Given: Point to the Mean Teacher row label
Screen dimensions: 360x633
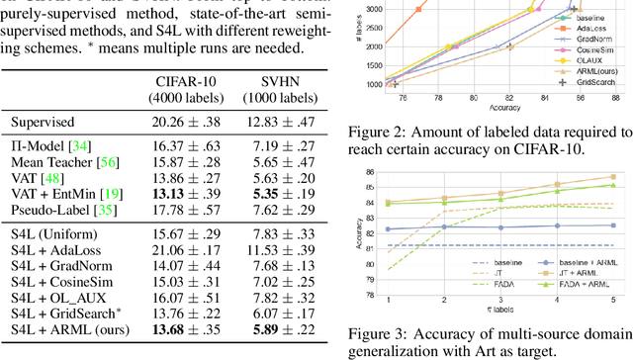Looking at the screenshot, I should (x=55, y=162).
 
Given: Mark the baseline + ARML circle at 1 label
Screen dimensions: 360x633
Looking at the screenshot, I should (x=388, y=228).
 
